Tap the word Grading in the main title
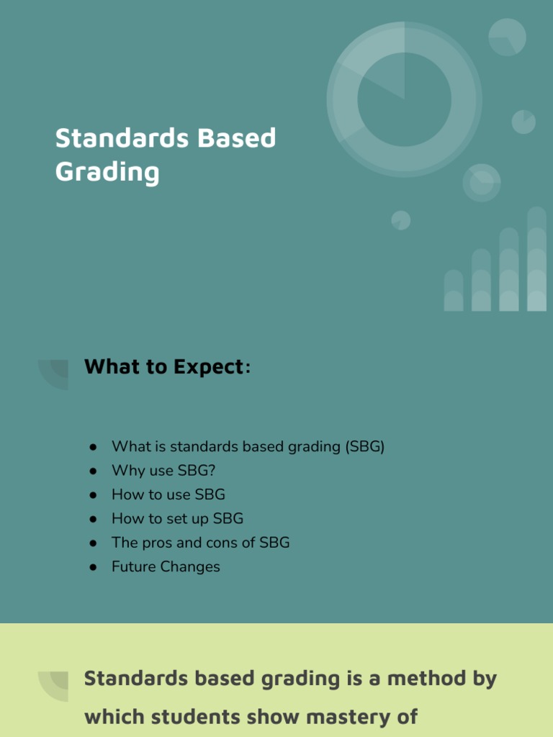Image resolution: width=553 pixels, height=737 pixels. click(107, 172)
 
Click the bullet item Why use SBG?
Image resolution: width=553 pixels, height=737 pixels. click(163, 471)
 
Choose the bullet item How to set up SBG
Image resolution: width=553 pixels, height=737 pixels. click(177, 518)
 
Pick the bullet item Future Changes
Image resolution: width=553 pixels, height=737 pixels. click(166, 566)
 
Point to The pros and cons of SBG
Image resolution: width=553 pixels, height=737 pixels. click(200, 543)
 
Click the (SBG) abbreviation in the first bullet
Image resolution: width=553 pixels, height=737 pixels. click(365, 447)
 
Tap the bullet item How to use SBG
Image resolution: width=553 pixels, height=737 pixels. click(168, 494)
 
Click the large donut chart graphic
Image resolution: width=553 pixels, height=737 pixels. click(404, 99)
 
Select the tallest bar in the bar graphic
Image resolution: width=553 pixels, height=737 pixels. click(536, 259)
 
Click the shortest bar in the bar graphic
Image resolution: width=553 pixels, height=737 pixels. click(454, 291)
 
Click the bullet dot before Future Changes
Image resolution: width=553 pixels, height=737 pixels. click(93, 567)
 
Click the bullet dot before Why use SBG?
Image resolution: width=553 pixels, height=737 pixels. click(93, 471)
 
